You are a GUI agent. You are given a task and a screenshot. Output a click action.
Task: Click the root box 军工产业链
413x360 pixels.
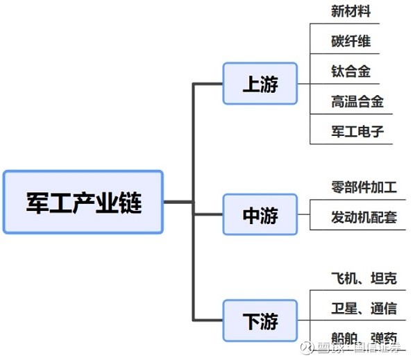coord(83,202)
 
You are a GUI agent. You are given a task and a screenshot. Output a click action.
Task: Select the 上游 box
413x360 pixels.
coord(260,84)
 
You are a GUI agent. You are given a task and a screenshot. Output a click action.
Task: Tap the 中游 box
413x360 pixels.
coord(260,216)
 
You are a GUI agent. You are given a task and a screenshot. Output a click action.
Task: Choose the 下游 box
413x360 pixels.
coord(260,321)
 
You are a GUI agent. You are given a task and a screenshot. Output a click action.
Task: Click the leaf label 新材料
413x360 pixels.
coord(351,12)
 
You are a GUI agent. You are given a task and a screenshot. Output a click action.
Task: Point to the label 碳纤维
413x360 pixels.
coord(351,42)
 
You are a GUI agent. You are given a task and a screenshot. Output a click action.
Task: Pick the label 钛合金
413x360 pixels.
coord(351,71)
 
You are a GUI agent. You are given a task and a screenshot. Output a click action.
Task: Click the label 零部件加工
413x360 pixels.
coord(364,187)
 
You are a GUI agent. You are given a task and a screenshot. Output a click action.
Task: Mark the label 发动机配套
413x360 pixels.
coord(364,217)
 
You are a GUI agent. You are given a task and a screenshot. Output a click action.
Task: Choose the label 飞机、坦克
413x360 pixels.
coord(364,278)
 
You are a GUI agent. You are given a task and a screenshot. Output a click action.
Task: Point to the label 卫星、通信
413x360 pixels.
coord(364,308)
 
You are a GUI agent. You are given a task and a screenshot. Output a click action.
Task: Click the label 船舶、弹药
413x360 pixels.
coord(364,338)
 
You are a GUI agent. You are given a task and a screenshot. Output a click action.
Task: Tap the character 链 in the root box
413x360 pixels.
coord(129,202)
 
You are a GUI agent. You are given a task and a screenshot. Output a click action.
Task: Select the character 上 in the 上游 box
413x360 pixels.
coord(251,84)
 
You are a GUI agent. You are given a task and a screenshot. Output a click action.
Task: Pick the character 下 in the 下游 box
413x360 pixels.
coord(251,321)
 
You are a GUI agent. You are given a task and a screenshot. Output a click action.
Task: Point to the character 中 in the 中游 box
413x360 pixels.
coord(251,216)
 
